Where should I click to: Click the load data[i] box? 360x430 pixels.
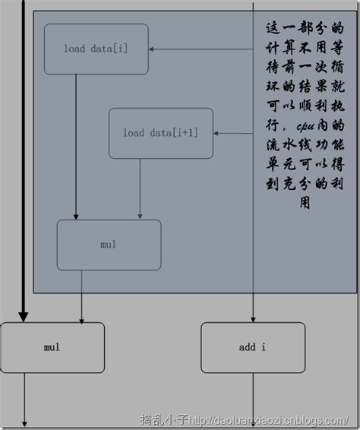[x=96, y=49]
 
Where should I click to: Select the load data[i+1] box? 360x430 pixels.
[x=160, y=133]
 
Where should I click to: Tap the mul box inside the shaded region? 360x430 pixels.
[x=109, y=245]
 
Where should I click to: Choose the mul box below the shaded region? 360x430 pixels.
[x=52, y=348]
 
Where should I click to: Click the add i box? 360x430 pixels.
[x=252, y=348]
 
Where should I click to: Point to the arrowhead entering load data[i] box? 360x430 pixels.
[x=152, y=49]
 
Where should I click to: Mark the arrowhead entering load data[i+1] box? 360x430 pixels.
[x=216, y=133]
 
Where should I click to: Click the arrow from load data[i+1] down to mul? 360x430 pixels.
[x=139, y=190]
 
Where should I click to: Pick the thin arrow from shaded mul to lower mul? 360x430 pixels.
[x=81, y=296]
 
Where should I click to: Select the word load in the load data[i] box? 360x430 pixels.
[x=74, y=49]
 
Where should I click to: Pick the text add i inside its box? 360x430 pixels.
[x=252, y=348]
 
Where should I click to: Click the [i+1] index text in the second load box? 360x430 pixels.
[x=185, y=133]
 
